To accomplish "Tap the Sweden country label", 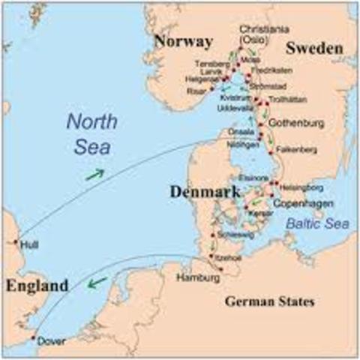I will click(313, 49).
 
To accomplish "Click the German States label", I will click(270, 301).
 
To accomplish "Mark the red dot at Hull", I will click(16, 242).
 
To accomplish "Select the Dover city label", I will click(52, 341).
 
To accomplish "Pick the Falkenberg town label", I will click(295, 149).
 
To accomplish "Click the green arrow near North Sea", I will click(94, 174).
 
